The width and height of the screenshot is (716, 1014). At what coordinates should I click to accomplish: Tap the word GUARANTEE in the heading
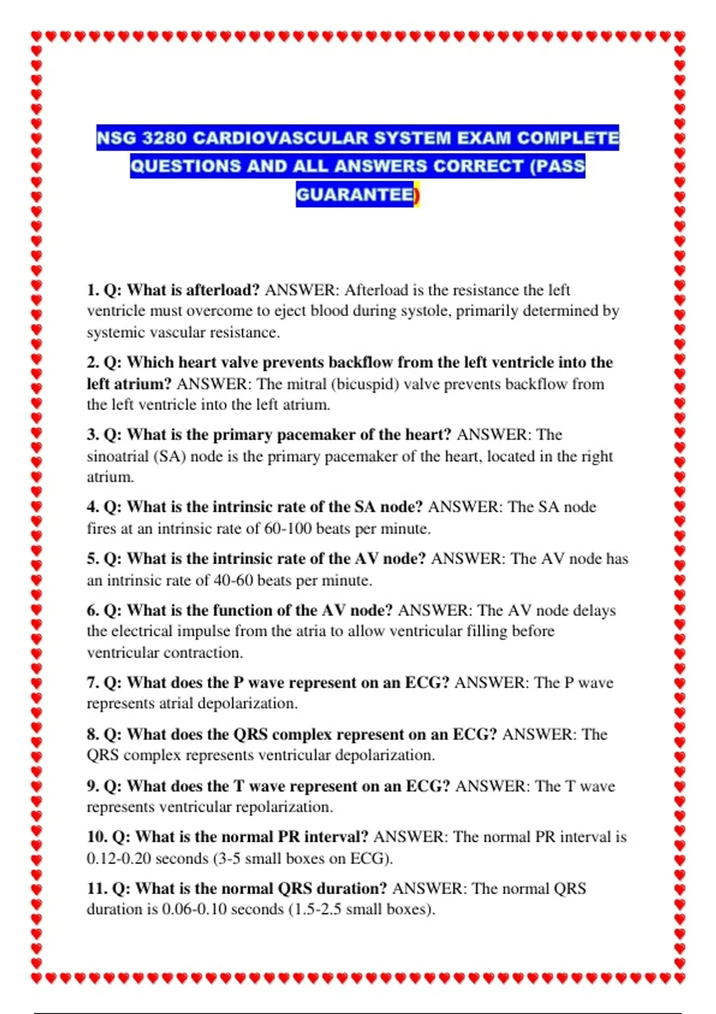355,195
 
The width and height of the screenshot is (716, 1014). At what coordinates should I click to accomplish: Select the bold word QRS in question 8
250,735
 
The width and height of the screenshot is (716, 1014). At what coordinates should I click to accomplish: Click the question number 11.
96,889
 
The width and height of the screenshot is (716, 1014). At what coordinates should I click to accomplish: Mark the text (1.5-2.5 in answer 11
314,910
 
